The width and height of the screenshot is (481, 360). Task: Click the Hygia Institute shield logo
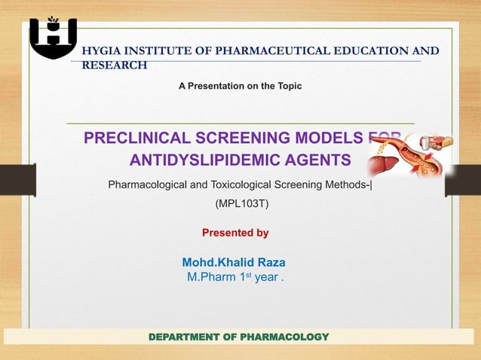[53, 37]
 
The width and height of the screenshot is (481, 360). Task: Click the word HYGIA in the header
[100, 51]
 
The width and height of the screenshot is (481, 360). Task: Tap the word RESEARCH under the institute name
[114, 66]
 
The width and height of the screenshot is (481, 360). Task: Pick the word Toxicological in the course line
[257, 184]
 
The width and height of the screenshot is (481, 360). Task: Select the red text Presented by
[235, 233]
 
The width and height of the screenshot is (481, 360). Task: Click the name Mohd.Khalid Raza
[234, 262]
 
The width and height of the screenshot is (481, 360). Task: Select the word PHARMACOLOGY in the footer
[285, 336]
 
